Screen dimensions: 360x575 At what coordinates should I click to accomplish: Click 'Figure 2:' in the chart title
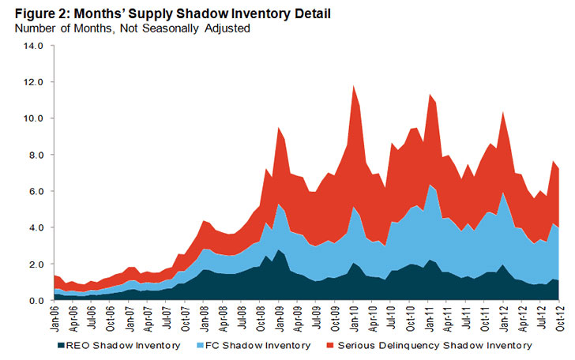36,13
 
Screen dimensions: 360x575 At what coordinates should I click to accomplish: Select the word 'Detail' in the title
299,13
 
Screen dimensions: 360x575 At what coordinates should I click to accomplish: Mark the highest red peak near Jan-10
353,87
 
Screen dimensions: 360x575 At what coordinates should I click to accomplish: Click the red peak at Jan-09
278,129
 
